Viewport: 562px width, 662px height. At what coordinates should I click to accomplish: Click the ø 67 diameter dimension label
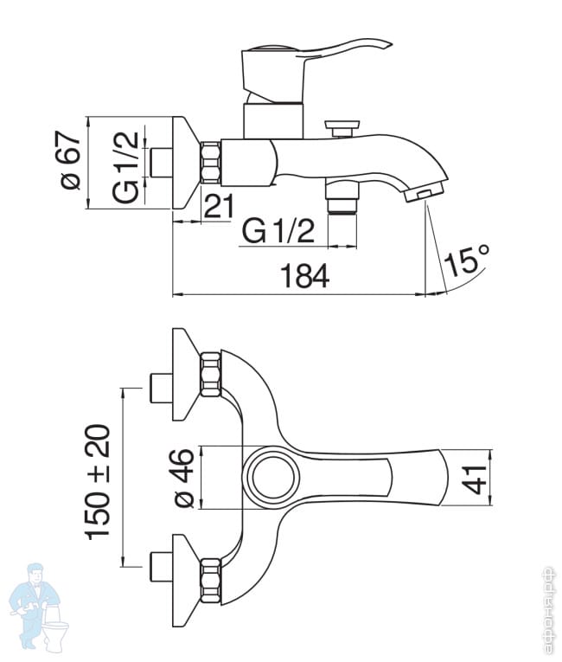pyautogui.click(x=70, y=160)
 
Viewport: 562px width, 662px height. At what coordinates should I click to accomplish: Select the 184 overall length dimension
pyautogui.click(x=304, y=276)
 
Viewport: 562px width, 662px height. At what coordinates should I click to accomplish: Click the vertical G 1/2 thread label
pyautogui.click(x=125, y=167)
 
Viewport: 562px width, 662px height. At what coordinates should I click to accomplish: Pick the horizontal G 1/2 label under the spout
pyautogui.click(x=278, y=231)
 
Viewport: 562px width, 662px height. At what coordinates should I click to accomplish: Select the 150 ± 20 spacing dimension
pyautogui.click(x=98, y=482)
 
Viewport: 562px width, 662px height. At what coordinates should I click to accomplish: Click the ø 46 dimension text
pyautogui.click(x=184, y=478)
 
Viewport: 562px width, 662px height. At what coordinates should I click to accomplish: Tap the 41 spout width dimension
pyautogui.click(x=474, y=479)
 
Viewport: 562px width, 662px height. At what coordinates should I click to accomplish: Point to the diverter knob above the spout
pyautogui.click(x=342, y=128)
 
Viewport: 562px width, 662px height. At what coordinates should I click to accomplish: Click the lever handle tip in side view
pyautogui.click(x=387, y=44)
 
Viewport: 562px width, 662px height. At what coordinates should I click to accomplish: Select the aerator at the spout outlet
pyautogui.click(x=423, y=194)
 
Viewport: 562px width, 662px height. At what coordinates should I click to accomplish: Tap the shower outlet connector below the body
pyautogui.click(x=342, y=197)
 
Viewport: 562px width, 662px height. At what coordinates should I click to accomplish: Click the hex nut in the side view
pyautogui.click(x=211, y=163)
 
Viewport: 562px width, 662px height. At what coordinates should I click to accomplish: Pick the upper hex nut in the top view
pyautogui.click(x=211, y=374)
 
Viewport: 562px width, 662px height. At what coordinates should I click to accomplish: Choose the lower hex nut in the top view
pyautogui.click(x=211, y=580)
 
